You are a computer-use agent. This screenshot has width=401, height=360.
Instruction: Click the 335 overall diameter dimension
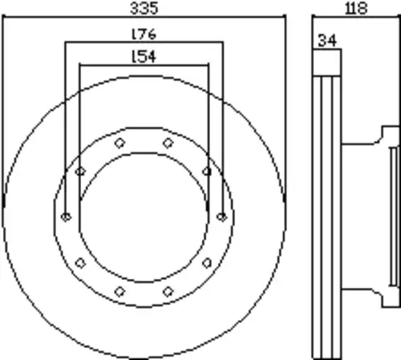pos(144,8)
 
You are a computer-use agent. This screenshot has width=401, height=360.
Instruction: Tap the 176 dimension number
pos(144,34)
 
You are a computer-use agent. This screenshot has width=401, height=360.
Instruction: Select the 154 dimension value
pos(144,56)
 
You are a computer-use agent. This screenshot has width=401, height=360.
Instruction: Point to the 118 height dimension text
pos(356,8)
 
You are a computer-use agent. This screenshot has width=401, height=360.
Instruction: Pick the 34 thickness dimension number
pos(327,41)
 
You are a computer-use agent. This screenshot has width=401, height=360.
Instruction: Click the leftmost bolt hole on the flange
pos(66,216)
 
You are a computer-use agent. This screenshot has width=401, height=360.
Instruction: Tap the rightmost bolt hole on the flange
pos(221,216)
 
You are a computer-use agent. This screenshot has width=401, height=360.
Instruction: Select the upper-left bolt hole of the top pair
pos(119,143)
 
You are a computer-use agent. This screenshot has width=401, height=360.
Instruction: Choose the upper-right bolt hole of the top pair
pos(168,143)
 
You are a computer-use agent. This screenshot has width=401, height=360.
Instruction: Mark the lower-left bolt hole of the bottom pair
pos(119,291)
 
